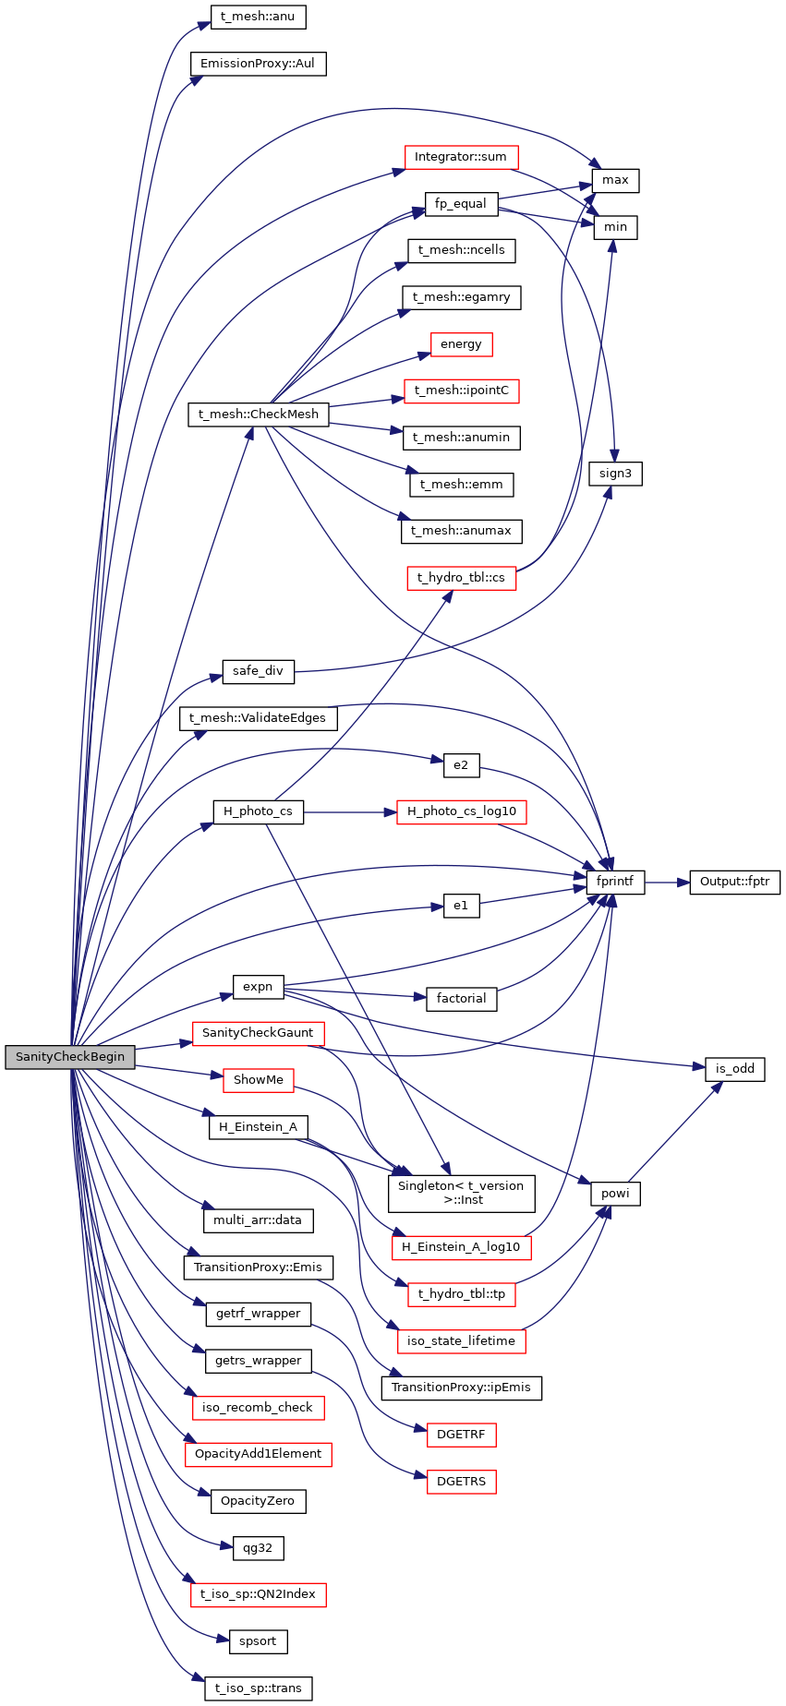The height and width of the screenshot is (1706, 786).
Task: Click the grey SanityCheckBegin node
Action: (x=69, y=1057)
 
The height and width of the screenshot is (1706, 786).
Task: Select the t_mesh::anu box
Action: (x=258, y=17)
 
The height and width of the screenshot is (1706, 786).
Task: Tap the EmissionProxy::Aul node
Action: (x=258, y=64)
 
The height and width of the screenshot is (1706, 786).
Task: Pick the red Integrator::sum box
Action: (x=461, y=157)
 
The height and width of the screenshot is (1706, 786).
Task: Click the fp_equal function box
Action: (x=461, y=204)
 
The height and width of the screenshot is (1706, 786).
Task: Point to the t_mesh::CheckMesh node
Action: (x=258, y=414)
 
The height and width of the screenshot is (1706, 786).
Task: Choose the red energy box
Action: (x=461, y=344)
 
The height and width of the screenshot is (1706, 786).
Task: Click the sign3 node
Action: (x=615, y=474)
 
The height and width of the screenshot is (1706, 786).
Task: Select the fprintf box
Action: (x=615, y=882)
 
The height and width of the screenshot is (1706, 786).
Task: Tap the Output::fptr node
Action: (x=734, y=882)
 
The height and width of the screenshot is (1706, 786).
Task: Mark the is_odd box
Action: (x=734, y=1069)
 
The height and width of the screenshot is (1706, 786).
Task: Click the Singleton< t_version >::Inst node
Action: (x=461, y=1193)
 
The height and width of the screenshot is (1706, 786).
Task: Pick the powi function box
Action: (x=615, y=1194)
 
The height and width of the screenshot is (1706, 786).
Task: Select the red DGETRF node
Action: (x=461, y=1435)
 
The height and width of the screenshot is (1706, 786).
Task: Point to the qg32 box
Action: (x=258, y=1547)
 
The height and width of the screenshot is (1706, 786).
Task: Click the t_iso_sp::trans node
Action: (x=258, y=1688)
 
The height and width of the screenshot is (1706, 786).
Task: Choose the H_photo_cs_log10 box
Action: (x=461, y=812)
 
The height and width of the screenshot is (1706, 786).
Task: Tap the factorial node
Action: (x=461, y=999)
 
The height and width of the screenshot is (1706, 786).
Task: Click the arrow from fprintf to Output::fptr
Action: (x=667, y=883)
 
